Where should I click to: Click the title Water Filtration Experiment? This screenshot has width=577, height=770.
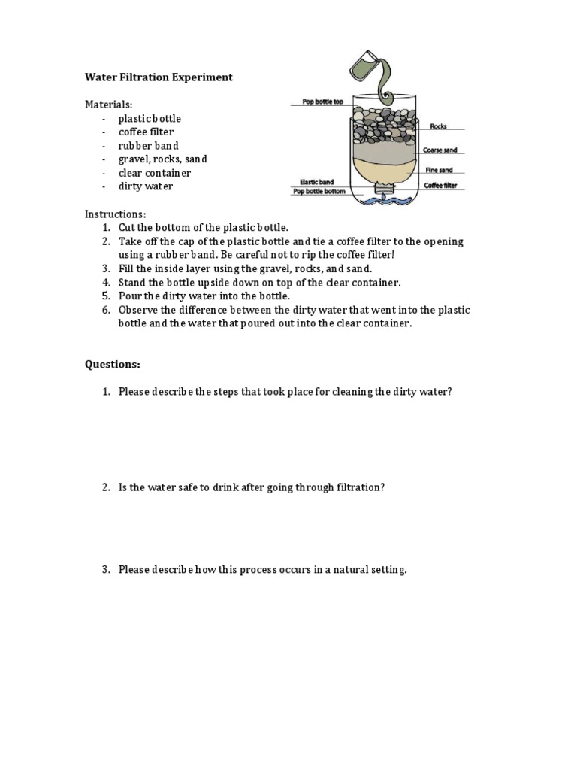pyautogui.click(x=158, y=77)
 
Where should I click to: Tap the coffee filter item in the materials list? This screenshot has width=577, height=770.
pyautogui.click(x=146, y=132)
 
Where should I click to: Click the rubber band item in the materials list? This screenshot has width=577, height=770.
pyautogui.click(x=148, y=146)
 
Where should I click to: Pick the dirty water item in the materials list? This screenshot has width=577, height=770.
pyautogui.click(x=145, y=186)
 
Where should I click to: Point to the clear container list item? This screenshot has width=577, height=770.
pyautogui.click(x=155, y=173)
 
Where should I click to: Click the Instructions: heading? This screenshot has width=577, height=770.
pyautogui.click(x=115, y=214)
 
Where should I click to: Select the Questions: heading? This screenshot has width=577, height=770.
pyautogui.click(x=112, y=365)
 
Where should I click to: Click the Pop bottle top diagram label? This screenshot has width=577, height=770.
pyautogui.click(x=322, y=102)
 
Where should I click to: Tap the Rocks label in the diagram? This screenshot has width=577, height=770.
pyautogui.click(x=438, y=126)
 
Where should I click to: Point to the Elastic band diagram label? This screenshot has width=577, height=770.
pyautogui.click(x=316, y=182)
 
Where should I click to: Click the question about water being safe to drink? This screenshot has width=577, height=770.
pyautogui.click(x=251, y=487)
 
